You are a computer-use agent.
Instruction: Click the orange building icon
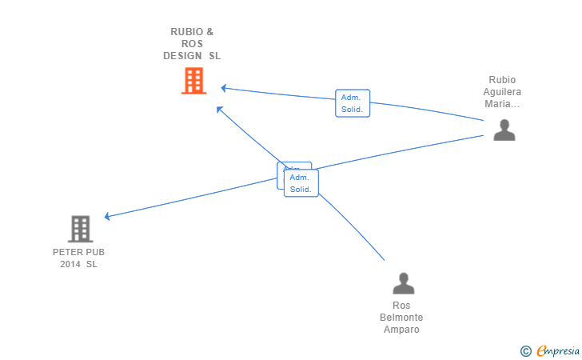tap(193, 81)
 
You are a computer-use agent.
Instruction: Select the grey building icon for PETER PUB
tap(80, 229)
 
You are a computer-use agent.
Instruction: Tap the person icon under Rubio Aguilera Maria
tap(504, 130)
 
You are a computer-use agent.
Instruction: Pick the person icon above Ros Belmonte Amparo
tap(404, 284)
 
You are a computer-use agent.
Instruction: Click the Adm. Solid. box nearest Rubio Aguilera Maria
tap(353, 103)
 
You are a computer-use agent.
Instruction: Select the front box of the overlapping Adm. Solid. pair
tap(301, 183)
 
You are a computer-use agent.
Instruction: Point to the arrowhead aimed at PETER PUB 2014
tap(107, 216)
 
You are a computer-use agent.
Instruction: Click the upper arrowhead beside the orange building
tap(224, 87)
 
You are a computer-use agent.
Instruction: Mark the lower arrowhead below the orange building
tap(220, 109)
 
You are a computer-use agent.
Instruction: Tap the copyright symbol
tap(525, 350)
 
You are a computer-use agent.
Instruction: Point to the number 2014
tap(70, 264)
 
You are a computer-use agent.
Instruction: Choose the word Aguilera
tap(502, 92)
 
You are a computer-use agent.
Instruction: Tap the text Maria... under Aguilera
tap(502, 104)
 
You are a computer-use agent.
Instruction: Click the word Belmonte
tap(401, 318)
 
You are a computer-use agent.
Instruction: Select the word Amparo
tap(401, 330)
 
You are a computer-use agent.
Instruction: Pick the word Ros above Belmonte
tap(401, 306)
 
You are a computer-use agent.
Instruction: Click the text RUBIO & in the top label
tap(192, 32)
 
